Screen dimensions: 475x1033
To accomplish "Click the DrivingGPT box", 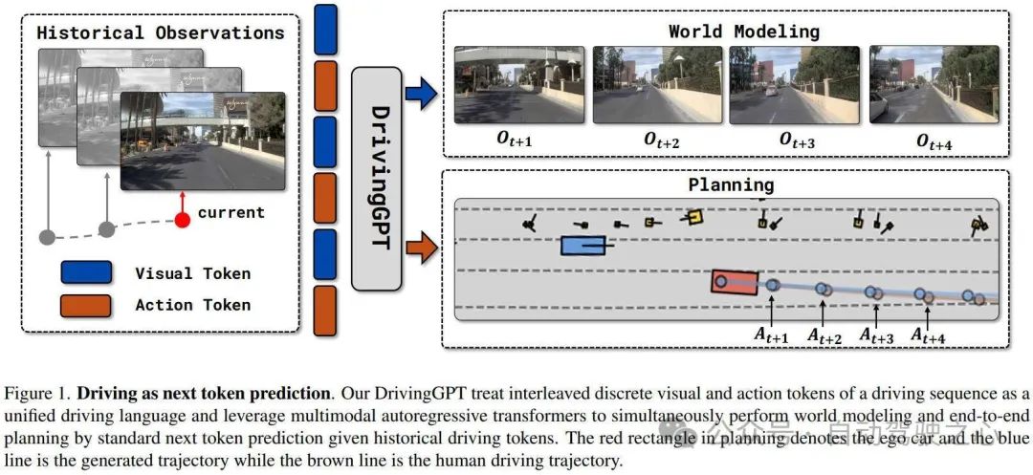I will coord(382,178).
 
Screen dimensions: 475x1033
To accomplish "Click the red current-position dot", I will coord(182,222).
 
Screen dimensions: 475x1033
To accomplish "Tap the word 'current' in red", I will coord(230,211).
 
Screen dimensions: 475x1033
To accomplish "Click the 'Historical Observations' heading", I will coord(160,32).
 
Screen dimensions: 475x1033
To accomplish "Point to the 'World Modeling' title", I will coord(743,31).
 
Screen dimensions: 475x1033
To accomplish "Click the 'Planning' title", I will coord(731,184).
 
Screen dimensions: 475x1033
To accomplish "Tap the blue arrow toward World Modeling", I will coord(422,93).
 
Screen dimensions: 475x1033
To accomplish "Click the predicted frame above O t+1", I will coord(520,85).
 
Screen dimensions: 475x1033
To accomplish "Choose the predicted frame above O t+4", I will coord(931,85).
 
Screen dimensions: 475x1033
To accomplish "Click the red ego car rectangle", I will coord(735,282).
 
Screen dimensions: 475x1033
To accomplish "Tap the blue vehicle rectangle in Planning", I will coord(583,246).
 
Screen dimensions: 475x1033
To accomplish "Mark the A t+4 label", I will coord(929,335).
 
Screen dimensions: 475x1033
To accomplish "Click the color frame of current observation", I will coord(203,141).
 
